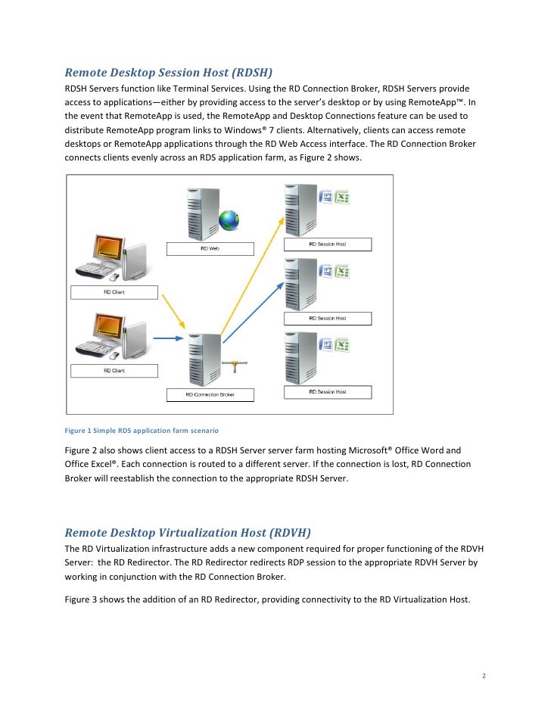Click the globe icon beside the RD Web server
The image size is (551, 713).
[x=228, y=220]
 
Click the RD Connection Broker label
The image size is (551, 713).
[x=210, y=394]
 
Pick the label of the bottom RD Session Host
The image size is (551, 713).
[x=327, y=391]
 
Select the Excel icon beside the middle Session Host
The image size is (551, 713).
[x=342, y=271]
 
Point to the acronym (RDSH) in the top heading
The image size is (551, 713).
[x=245, y=73]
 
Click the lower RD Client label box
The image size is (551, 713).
[x=114, y=371]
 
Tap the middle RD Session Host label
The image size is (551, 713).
[x=327, y=318]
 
